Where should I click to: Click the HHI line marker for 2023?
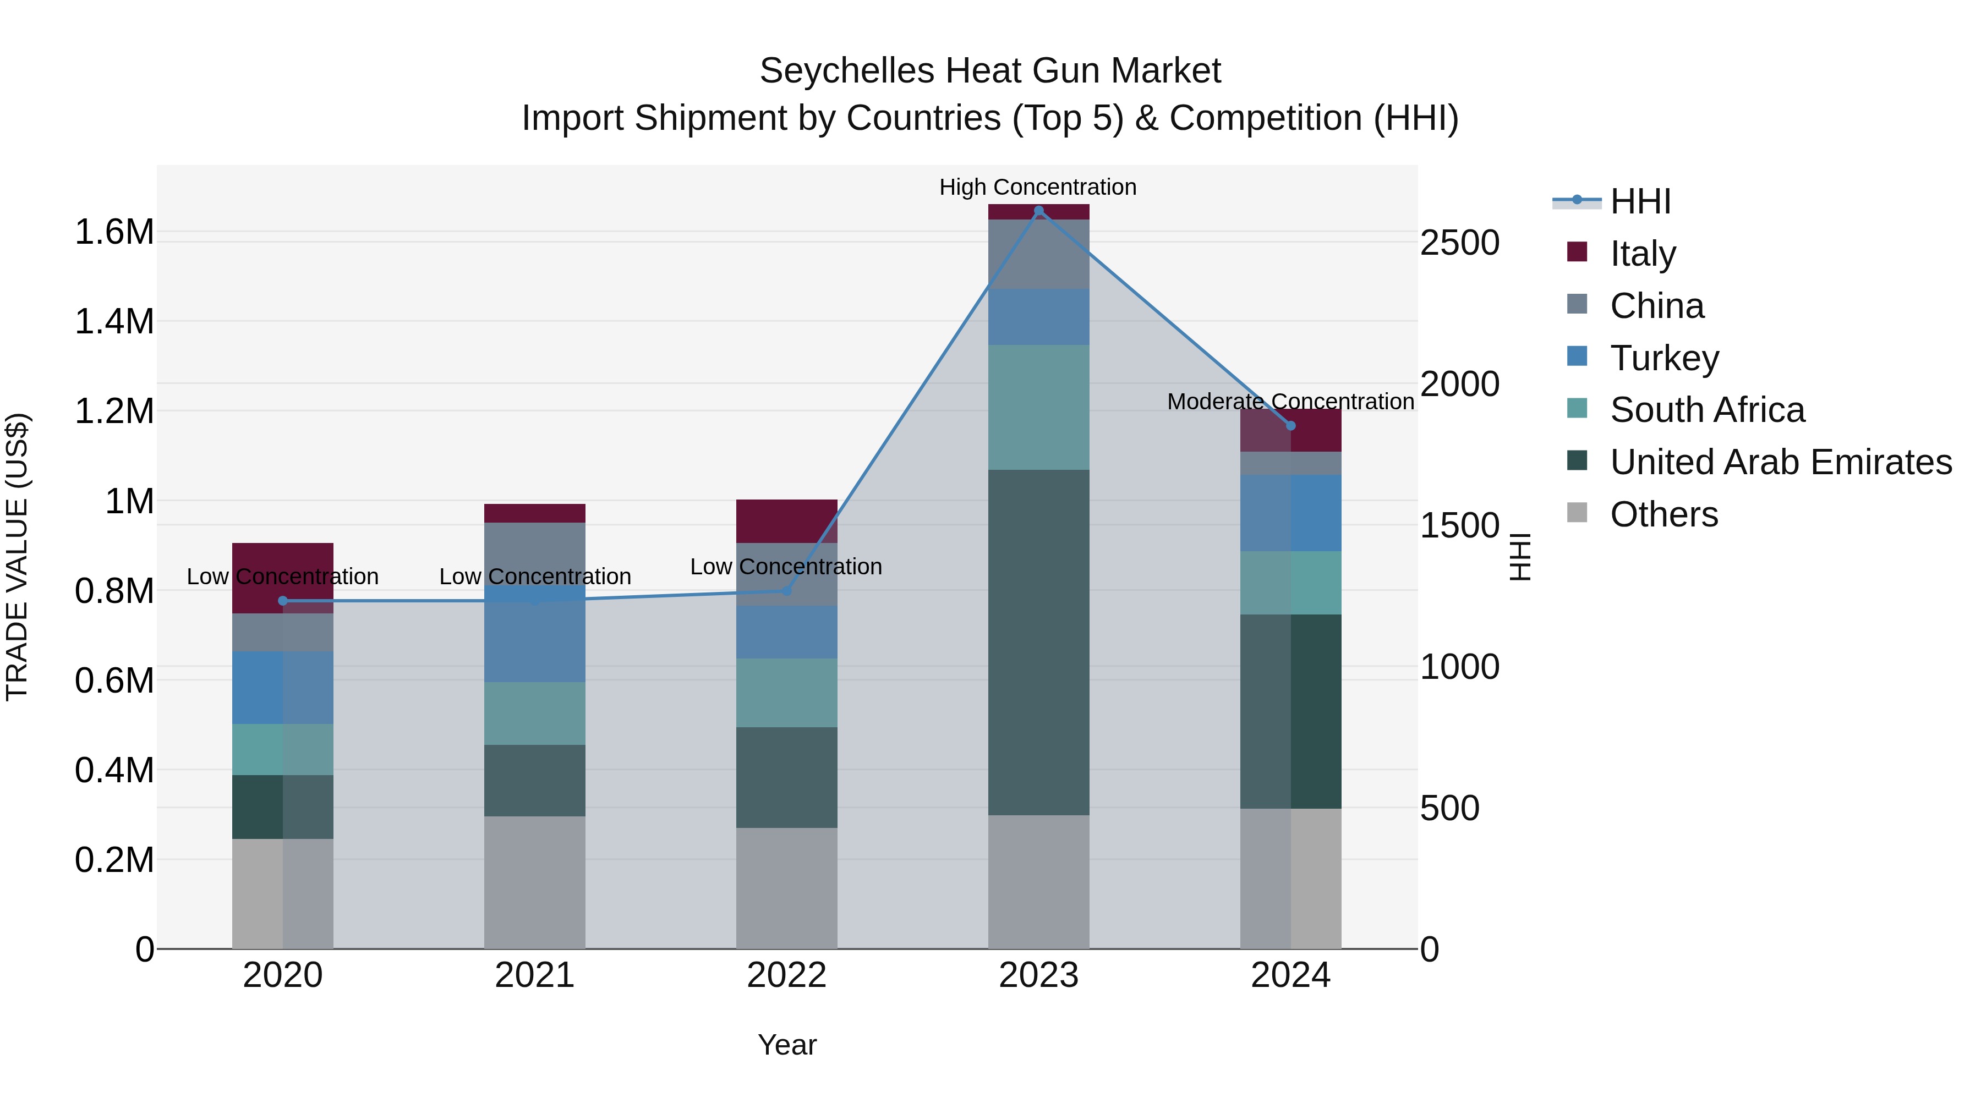click(x=1038, y=211)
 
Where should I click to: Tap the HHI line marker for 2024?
click(x=1290, y=425)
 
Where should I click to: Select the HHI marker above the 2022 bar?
click(x=786, y=590)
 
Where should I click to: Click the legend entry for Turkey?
click(x=1663, y=358)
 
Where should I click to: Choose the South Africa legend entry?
click(x=1706, y=410)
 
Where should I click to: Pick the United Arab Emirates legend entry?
click(x=1780, y=462)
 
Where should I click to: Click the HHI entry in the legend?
click(x=1640, y=201)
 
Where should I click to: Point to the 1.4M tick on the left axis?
click(x=114, y=321)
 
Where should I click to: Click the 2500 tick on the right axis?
click(x=1459, y=243)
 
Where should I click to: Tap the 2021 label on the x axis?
click(x=534, y=975)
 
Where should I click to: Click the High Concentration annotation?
click(x=1037, y=187)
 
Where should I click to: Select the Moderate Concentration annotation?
click(x=1290, y=402)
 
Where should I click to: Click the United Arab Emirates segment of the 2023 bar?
click(x=1038, y=642)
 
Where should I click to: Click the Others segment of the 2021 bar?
click(x=534, y=882)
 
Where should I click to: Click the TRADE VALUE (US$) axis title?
click(x=17, y=557)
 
